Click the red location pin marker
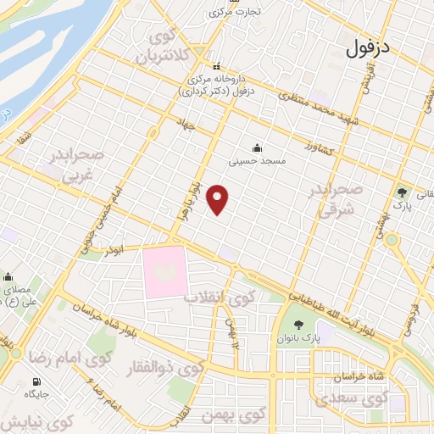pos(219,199)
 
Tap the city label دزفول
pos(367,48)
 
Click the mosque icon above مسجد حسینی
pos(257,146)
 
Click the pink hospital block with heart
pos(165,271)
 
